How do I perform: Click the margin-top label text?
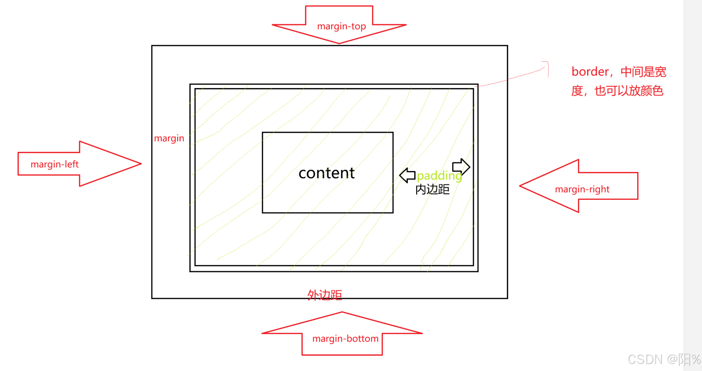pos(341,26)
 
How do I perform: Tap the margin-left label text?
pos(55,164)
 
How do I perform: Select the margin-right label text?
pos(582,189)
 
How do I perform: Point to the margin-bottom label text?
pos(345,338)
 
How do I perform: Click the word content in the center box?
pos(326,173)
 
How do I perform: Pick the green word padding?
pos(439,176)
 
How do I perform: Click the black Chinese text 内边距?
pos(432,189)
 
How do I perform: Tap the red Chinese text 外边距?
pos(324,295)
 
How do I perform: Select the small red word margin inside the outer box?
pos(169,138)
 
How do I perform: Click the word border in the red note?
pos(590,72)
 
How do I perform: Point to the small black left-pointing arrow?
pos(407,175)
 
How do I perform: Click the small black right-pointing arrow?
pos(461,167)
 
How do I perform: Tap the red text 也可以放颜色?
pos(629,91)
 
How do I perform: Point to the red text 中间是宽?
pos(643,72)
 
